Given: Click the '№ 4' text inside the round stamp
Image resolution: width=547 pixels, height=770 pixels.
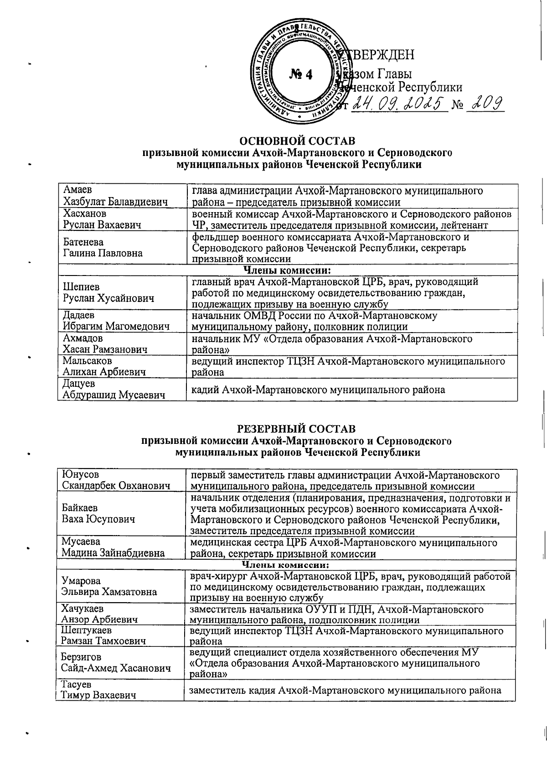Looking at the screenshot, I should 301,74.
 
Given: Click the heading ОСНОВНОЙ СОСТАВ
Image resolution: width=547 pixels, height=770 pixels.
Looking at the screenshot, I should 298,140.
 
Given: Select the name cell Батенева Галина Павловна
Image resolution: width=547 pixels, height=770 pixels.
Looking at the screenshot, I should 103,247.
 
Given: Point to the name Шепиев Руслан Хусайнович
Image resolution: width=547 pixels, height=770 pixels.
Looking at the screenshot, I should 108,293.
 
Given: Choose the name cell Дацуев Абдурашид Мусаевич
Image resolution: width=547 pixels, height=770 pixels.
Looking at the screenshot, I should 114,390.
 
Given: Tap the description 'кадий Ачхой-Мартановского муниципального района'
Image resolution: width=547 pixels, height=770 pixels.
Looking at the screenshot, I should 318,390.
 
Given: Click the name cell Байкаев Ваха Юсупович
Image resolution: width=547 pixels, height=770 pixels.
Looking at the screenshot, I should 98,514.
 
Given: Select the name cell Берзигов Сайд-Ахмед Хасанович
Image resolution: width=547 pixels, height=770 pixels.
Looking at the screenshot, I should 116,663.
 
